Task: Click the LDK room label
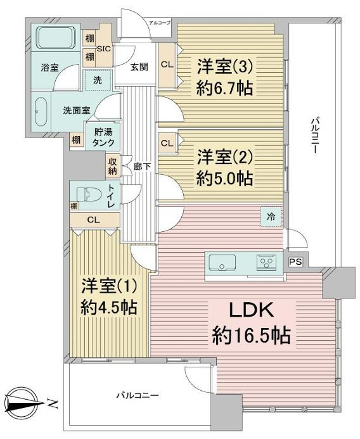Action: (251, 310)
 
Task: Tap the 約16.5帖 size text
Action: (251, 335)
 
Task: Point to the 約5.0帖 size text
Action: (225, 179)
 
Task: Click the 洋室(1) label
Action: (109, 286)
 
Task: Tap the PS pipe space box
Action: (295, 262)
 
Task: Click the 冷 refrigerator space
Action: (271, 217)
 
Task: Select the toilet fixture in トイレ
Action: (87, 194)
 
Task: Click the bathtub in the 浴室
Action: (56, 37)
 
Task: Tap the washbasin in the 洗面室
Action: (41, 111)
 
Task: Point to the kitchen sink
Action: (222, 263)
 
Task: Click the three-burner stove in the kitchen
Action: (266, 263)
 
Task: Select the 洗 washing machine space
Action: (98, 80)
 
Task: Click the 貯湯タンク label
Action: (103, 137)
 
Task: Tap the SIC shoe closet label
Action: (104, 48)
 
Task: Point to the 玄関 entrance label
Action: (139, 67)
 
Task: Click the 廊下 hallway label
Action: (142, 167)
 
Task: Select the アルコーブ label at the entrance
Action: (160, 23)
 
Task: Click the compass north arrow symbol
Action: (23, 403)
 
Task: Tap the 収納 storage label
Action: (112, 167)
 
